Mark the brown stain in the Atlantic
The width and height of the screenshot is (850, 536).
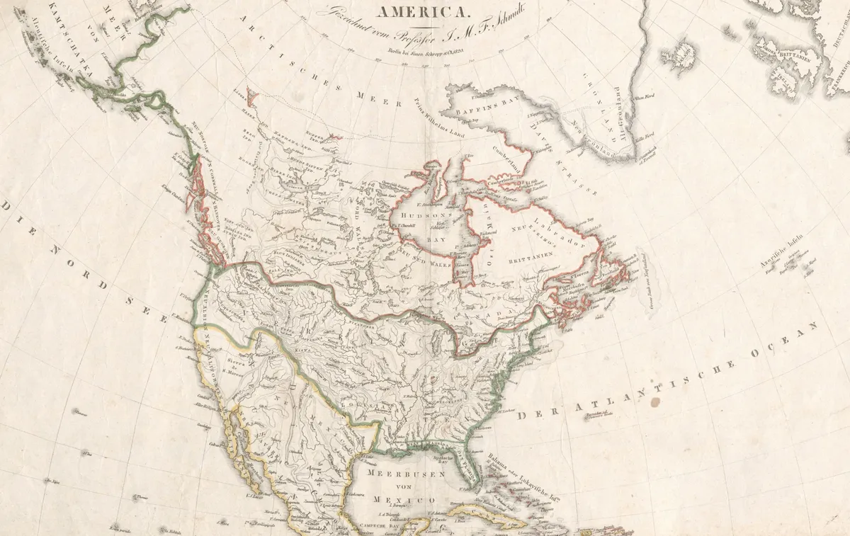coord(653,402)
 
